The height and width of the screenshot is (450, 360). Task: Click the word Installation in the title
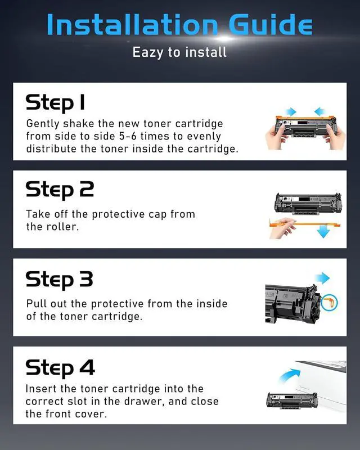click(133, 24)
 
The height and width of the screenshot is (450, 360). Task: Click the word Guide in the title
click(271, 24)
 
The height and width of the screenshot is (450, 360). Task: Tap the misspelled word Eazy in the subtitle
click(148, 52)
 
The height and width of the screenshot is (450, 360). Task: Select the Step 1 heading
click(56, 103)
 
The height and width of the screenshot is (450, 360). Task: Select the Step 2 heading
click(60, 190)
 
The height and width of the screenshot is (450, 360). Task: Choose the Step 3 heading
click(60, 280)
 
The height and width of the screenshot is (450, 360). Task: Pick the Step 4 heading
click(60, 368)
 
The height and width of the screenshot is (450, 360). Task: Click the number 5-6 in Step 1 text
click(128, 136)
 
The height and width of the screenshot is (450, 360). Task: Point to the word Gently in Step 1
click(43, 124)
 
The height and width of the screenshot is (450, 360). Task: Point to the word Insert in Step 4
click(41, 389)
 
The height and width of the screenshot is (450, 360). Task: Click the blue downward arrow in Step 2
click(323, 231)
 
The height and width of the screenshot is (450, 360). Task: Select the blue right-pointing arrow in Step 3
click(322, 278)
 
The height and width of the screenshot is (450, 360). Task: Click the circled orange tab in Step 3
click(329, 303)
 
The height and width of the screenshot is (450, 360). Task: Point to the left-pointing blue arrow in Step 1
click(320, 111)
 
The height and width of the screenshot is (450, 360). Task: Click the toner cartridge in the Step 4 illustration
click(292, 400)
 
